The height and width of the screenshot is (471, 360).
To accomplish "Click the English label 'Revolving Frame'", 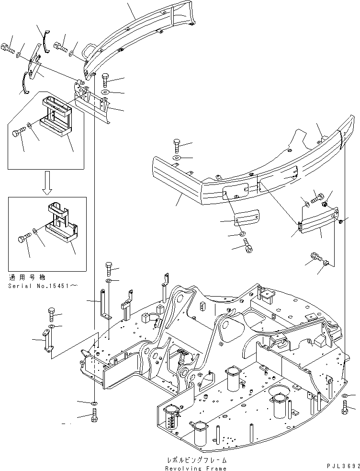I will tap(196, 468).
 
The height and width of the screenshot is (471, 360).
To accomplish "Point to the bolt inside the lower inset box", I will tap(24, 237).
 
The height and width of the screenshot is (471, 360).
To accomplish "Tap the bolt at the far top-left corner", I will tap(7, 47).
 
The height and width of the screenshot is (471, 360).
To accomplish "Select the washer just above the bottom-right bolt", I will tap(346, 395).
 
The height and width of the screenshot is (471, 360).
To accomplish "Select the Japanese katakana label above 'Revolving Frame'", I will tap(196, 459).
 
